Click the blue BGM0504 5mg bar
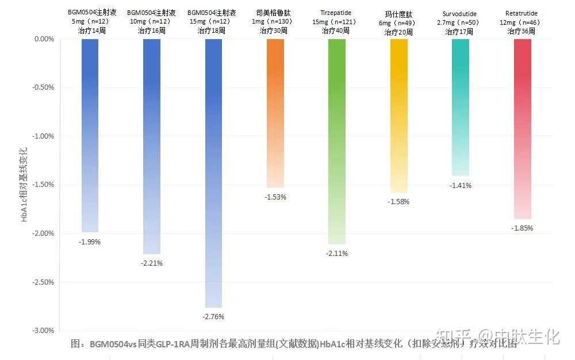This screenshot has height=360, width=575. point(90,135)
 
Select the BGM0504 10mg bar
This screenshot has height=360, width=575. point(152,146)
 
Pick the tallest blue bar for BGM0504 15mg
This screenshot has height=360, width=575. point(213,173)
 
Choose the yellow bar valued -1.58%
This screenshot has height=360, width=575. point(398,116)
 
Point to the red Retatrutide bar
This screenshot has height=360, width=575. point(522,129)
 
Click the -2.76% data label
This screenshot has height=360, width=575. point(213,317)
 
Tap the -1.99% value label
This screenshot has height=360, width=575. point(90,242)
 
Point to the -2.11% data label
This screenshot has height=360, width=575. point(337,254)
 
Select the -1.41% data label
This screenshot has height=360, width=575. point(461,186)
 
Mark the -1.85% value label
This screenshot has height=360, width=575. point(522,228)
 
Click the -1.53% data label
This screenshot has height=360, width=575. point(275,197)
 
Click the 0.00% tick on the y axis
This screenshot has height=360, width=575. point(44,39)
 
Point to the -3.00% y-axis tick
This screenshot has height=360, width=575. point(44,331)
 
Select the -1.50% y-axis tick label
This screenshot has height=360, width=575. point(44,185)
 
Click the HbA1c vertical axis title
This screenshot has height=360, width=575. point(24,185)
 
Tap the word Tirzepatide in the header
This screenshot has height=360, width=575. point(336,13)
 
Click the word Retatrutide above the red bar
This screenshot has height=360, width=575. point(522,13)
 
